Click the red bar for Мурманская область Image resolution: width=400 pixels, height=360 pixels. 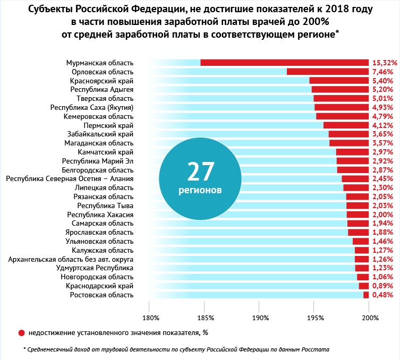pos(284,63)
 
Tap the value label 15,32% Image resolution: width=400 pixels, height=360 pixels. pos(385,63)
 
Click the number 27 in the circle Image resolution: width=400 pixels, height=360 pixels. pos(201,171)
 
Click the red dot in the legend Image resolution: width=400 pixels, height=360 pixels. pos(22,333)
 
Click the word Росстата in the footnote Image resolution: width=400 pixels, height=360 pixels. pos(316,350)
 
